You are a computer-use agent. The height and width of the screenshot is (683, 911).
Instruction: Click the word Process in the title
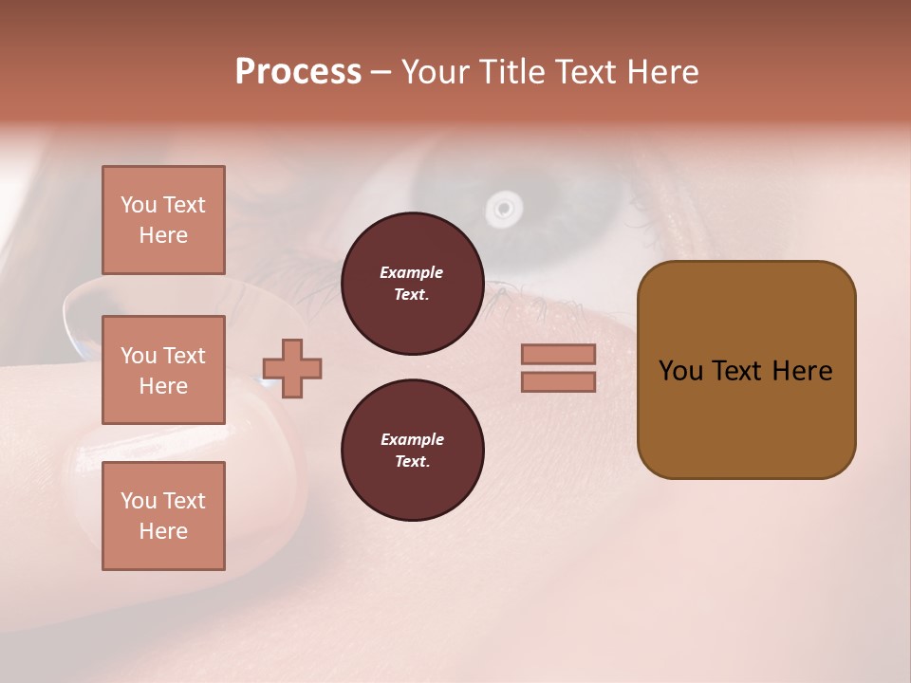point(298,72)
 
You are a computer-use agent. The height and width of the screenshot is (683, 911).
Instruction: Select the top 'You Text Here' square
point(163,220)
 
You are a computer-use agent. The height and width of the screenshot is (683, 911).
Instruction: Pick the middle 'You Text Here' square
point(163,370)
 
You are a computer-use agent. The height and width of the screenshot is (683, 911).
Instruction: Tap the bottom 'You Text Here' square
point(163,516)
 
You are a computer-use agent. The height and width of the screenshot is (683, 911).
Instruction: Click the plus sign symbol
point(292,368)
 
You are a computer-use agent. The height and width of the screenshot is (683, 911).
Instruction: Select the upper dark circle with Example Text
point(412,284)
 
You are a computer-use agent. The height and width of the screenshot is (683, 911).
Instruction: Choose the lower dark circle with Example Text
point(412,451)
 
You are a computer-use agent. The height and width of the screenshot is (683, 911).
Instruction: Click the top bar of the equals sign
point(558,355)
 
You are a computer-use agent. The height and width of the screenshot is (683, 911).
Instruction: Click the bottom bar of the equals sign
point(558,381)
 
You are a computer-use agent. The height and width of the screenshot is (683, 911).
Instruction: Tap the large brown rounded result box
point(746,370)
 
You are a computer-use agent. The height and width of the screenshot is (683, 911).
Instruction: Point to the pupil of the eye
point(503,207)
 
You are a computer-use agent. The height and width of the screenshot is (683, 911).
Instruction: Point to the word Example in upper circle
point(412,272)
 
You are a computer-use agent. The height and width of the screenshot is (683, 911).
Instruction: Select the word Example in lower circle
point(412,439)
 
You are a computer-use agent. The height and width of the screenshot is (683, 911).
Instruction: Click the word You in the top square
point(139,205)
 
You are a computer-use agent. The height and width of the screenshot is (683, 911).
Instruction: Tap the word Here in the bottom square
point(163,531)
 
